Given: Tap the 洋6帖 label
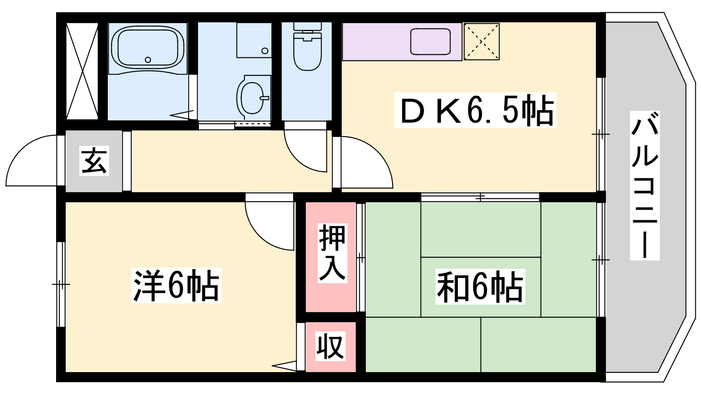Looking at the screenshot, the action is coord(176,285).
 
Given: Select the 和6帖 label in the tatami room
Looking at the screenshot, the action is coord(480,286).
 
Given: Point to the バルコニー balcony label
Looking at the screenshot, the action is coord(644,185).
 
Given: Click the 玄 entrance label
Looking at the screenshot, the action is coord(94,160).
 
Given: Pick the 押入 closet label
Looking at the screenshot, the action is coord(333,253).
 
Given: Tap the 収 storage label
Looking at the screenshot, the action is coord(330,346).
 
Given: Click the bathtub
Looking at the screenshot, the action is coord(147,47).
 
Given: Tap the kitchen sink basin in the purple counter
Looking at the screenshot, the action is coord(431,41).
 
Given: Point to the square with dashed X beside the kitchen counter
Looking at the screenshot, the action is coord(481,41).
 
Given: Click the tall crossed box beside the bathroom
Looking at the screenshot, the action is coord(82,71).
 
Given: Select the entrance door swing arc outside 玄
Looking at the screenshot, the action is coord(31,161).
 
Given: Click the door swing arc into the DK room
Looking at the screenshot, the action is coord(367,162).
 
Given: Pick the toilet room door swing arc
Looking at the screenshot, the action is coord(305,151).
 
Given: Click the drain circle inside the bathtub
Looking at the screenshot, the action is coord(148,60).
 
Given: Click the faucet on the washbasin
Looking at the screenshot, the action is coord(265,98).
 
